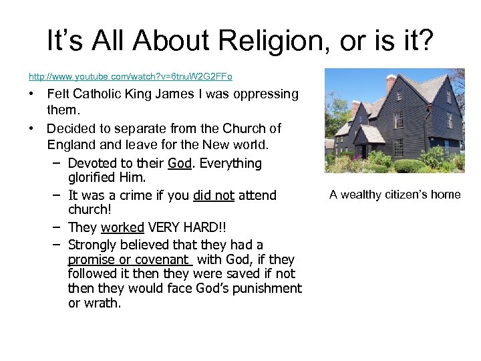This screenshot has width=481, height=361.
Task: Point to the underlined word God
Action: [x=179, y=163]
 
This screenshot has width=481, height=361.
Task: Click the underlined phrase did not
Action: [x=214, y=195]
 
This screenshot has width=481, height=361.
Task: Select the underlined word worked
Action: [x=122, y=227]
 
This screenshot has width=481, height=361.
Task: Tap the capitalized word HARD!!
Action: [x=212, y=227]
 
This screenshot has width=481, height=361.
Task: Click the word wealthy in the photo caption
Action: [x=366, y=195]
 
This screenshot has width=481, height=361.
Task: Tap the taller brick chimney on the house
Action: [x=391, y=84]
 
